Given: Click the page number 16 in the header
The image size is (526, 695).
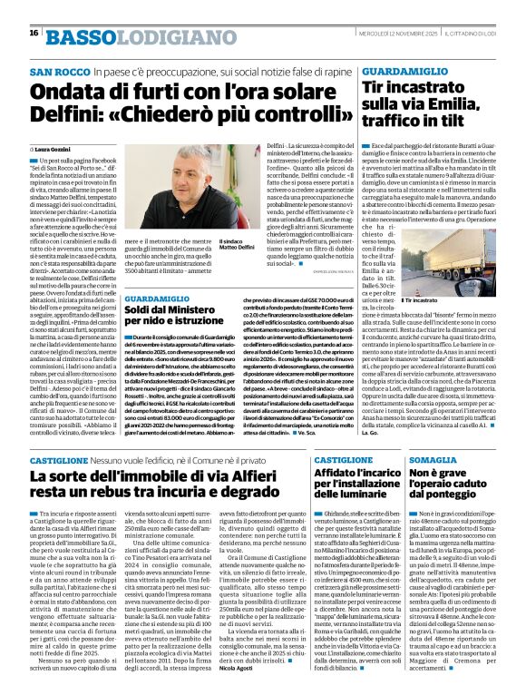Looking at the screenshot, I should (x=34, y=33).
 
